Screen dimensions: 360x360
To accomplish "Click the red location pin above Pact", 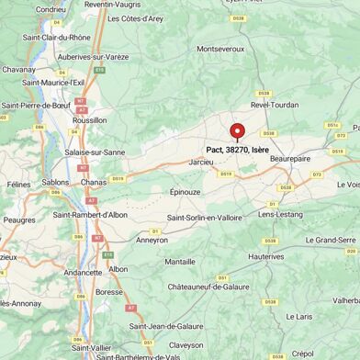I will (x=237, y=131).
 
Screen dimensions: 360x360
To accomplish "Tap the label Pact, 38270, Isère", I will (x=237, y=149).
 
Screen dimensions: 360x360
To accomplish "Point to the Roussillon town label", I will (x=89, y=120).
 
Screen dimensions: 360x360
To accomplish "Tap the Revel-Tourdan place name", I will (x=274, y=105).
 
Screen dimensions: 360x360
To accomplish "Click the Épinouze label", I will (x=185, y=192).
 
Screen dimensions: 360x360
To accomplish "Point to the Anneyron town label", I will (x=152, y=240).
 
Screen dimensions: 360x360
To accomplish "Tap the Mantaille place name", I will (x=179, y=262).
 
